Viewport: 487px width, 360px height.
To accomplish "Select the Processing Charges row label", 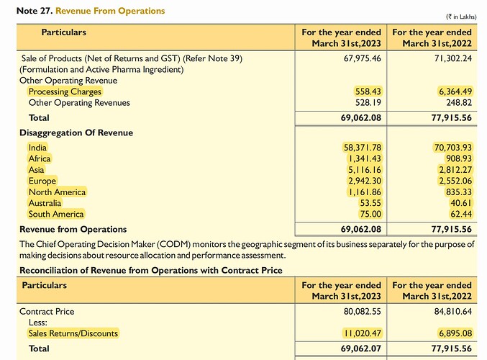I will [65, 92].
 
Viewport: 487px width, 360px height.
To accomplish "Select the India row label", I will [37, 148].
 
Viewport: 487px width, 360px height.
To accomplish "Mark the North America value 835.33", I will [455, 192].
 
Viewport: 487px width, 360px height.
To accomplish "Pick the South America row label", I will [56, 214].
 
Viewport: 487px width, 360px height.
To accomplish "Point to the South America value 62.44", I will [458, 214].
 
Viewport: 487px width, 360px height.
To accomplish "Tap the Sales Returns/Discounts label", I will [73, 333].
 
